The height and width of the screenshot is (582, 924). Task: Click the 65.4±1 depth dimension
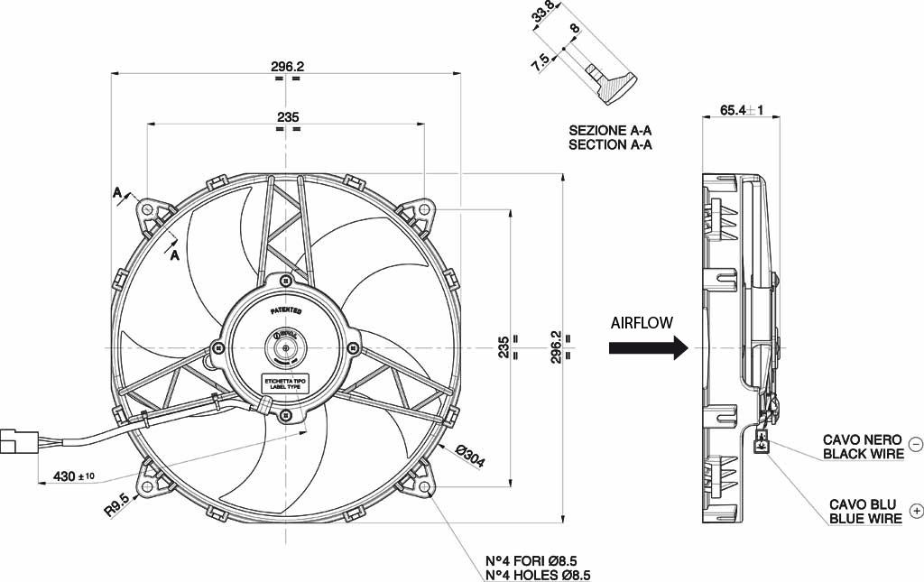pos(742,111)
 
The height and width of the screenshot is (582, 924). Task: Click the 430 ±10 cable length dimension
pos(74,476)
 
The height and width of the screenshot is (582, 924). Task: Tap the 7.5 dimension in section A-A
pos(542,64)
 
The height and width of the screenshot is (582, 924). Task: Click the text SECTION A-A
pos(610,144)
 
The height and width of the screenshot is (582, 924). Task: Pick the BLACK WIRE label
pos(863,454)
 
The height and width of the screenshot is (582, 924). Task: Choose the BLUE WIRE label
pos(866,519)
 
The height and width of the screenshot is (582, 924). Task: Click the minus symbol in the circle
pos(916,444)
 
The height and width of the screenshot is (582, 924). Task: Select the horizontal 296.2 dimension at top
pos(287,66)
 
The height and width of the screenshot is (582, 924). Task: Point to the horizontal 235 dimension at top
pos(287,117)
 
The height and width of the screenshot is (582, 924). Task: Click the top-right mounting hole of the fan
pos(424,209)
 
